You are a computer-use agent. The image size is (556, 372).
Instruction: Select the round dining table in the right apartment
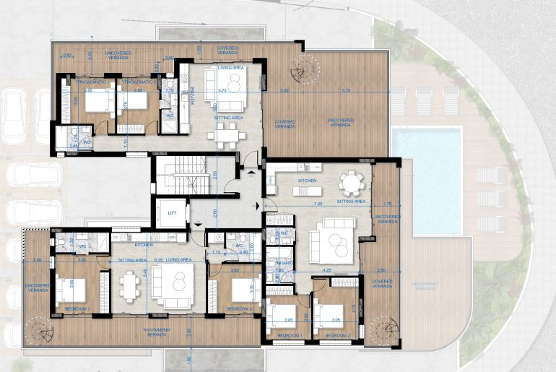coord(352,183)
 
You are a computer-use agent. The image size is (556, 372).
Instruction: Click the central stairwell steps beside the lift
coord(178,176)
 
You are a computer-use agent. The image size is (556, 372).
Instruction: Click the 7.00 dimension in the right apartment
coord(318,205)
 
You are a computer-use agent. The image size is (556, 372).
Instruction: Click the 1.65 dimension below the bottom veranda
coord(189,359)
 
